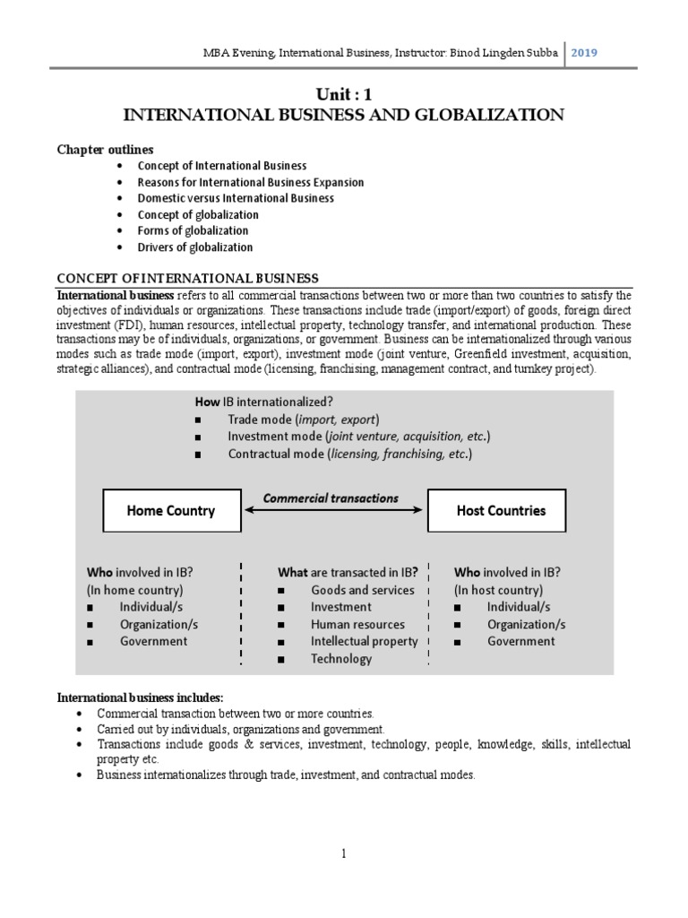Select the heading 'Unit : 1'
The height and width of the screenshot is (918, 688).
tap(343, 95)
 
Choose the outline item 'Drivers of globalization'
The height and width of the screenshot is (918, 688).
tap(195, 247)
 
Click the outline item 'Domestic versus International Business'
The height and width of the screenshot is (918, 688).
tap(236, 198)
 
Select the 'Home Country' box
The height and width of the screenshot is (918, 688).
tap(171, 511)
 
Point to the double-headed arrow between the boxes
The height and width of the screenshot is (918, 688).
tap(333, 510)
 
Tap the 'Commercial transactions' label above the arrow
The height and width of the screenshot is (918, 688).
tap(331, 498)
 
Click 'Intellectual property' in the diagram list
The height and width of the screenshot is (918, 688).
tap(364, 642)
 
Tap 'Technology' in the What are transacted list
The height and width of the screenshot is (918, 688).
tap(340, 659)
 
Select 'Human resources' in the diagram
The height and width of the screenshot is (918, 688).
tap(357, 625)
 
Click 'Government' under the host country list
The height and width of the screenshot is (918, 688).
tap(520, 642)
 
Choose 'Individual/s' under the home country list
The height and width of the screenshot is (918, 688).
tap(153, 607)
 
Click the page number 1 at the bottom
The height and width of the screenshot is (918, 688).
tap(343, 854)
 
